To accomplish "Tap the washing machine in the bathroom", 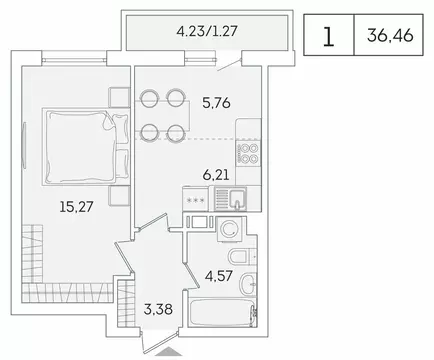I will coord(230,228).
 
